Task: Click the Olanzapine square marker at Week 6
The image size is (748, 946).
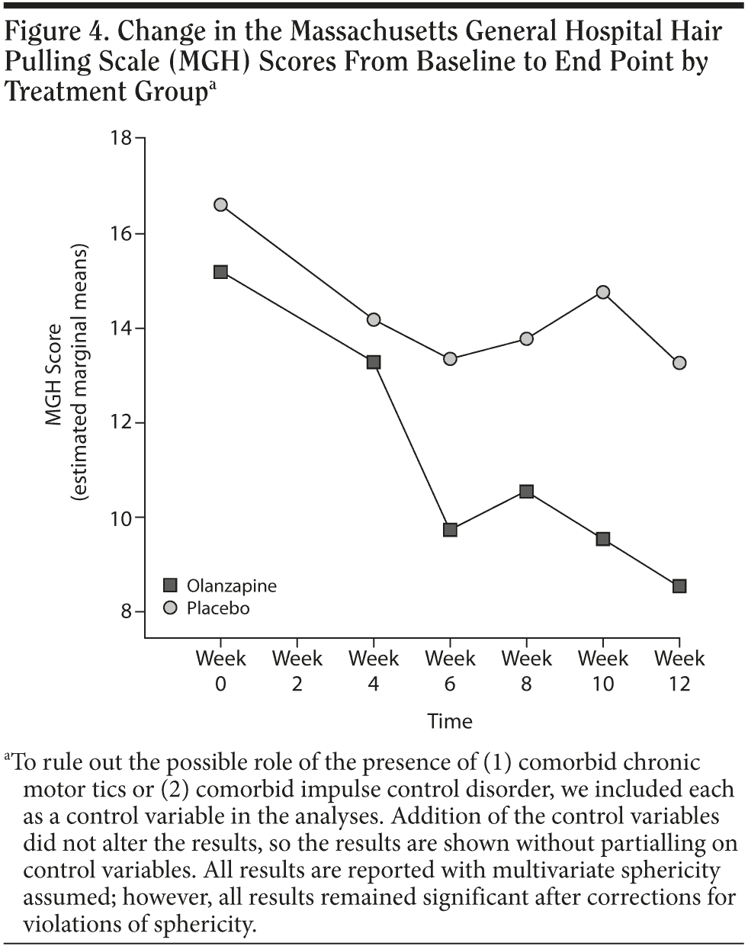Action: [450, 529]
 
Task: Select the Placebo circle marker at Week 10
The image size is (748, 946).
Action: [602, 292]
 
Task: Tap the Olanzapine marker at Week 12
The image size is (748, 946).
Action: [679, 586]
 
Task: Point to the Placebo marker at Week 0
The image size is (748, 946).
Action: [220, 204]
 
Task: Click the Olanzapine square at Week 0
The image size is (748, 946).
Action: [220, 272]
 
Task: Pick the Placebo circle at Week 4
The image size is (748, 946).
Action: [373, 319]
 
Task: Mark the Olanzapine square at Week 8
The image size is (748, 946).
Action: [526, 492]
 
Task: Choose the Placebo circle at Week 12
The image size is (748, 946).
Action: [679, 363]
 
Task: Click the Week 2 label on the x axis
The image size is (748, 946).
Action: [297, 671]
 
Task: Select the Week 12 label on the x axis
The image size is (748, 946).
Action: [679, 671]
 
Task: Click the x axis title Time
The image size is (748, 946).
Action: [450, 720]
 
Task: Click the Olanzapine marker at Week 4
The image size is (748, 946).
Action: [373, 362]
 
